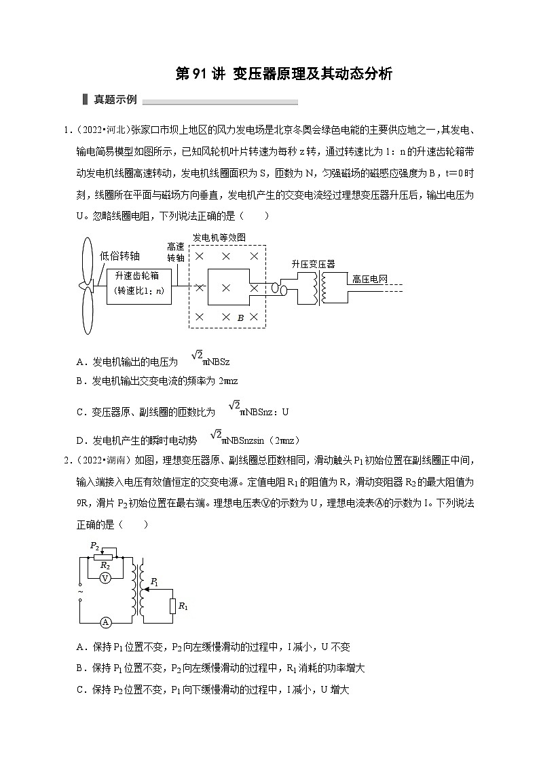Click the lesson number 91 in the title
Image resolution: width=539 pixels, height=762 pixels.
pyautogui.click(x=206, y=74)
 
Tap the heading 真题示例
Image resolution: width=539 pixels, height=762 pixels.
pyautogui.click(x=115, y=100)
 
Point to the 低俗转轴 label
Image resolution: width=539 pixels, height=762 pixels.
pyautogui.click(x=120, y=256)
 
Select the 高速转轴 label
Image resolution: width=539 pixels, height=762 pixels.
pyautogui.click(x=176, y=253)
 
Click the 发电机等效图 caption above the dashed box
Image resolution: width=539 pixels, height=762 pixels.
pyautogui.click(x=219, y=237)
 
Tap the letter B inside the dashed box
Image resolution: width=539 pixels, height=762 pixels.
pyautogui.click(x=240, y=318)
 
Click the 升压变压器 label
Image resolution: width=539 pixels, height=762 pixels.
pyautogui.click(x=313, y=264)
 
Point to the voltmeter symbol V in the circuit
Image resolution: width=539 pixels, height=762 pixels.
pyautogui.click(x=105, y=577)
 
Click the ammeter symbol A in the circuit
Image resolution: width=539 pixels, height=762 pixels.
pyautogui.click(x=106, y=622)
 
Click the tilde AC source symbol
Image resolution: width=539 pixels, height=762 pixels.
pyautogui.click(x=80, y=591)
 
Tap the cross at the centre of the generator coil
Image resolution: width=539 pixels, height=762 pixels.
pyautogui.click(x=226, y=287)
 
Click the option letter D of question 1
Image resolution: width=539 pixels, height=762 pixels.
pyautogui.click(x=79, y=440)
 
